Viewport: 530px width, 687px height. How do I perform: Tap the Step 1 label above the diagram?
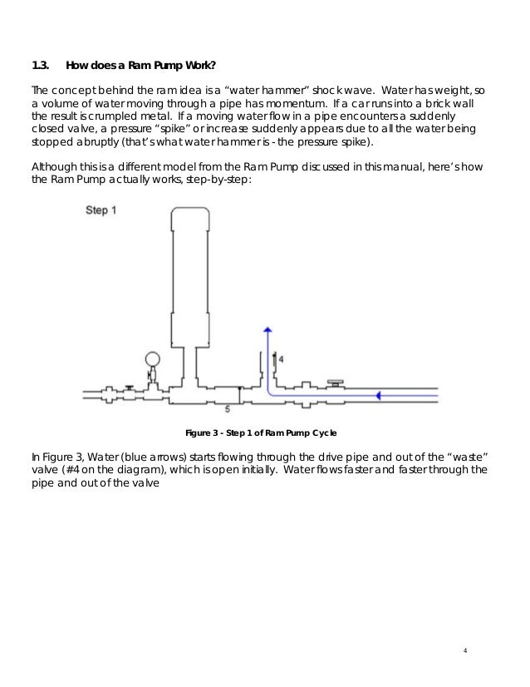click(x=101, y=210)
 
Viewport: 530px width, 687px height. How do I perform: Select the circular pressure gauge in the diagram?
click(x=152, y=359)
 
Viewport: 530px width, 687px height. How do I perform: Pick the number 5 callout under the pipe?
click(x=228, y=409)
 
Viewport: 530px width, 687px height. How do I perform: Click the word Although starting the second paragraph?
click(x=53, y=165)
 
